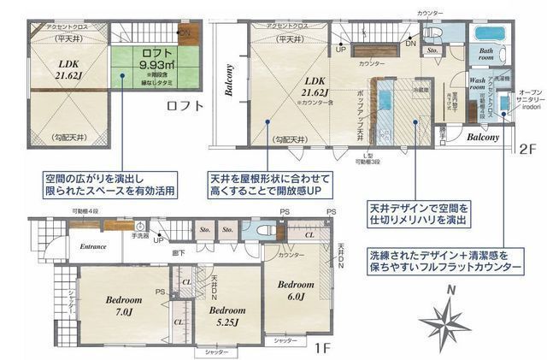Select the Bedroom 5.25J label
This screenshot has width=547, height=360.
228,316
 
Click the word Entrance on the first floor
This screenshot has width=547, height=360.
93,246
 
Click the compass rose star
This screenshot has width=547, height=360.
446,326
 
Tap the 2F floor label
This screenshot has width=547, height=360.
526,147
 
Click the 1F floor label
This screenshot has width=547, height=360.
321,349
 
